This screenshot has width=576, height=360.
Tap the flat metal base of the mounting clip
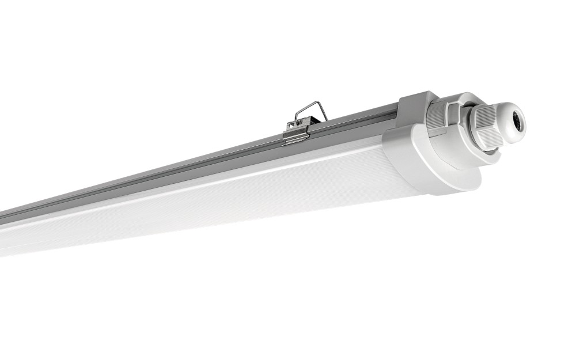pos(297,136)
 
